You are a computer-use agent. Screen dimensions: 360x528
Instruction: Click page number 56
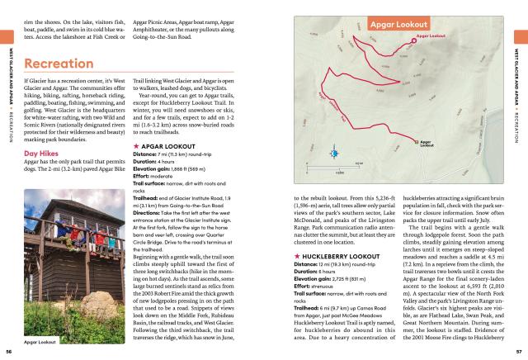tap(8, 351)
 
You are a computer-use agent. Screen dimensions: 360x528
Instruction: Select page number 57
tap(519, 351)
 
